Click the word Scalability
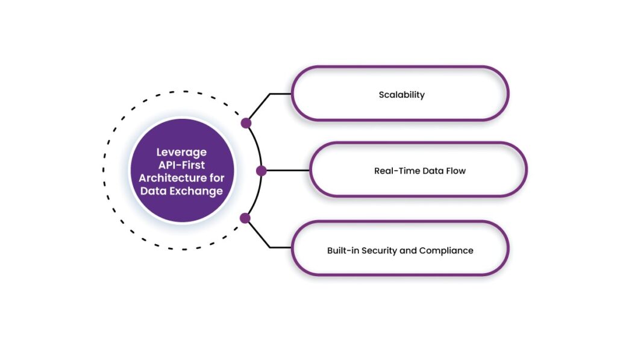coord(401,95)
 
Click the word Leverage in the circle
coord(181,152)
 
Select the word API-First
coord(181,165)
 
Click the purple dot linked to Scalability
coord(246,123)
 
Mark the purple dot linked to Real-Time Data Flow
coord(261,171)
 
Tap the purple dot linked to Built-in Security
coord(245,218)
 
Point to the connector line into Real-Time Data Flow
coord(286,171)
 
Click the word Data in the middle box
coord(431,171)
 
